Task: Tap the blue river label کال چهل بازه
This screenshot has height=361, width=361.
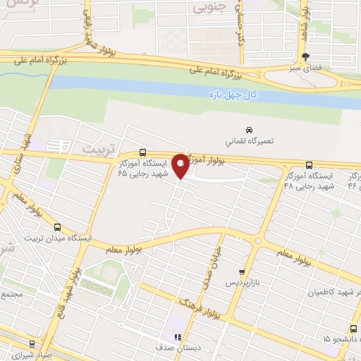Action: (x=237, y=94)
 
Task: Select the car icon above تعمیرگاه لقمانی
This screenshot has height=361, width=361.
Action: (x=248, y=130)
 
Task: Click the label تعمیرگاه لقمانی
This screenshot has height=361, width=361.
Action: (x=248, y=141)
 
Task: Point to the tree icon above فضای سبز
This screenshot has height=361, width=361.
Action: (x=305, y=56)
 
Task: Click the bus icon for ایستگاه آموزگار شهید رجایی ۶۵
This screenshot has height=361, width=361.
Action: (x=143, y=152)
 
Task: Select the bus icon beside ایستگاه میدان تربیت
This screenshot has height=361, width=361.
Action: (x=57, y=228)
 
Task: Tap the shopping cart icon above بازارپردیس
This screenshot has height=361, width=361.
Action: (x=242, y=271)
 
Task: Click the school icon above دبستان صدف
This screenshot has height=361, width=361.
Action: (x=178, y=338)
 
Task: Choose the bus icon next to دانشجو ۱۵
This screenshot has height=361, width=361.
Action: (x=353, y=328)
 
